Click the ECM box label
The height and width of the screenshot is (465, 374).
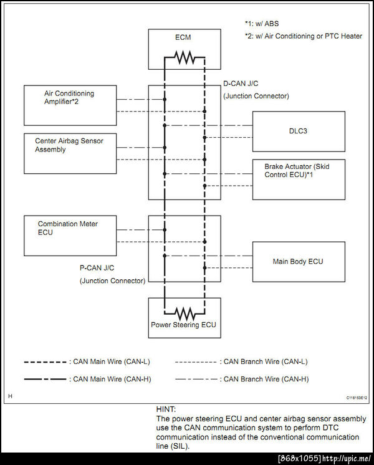(x=183, y=37)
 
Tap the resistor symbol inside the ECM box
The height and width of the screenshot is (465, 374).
(x=185, y=58)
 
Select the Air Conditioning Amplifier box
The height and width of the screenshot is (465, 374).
(x=70, y=105)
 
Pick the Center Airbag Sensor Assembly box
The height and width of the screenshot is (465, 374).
(x=70, y=153)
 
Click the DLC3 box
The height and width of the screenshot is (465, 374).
(x=298, y=131)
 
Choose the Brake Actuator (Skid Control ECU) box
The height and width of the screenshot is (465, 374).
(x=298, y=179)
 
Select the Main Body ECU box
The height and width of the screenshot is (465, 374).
(x=298, y=261)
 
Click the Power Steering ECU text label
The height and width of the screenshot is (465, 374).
(x=183, y=325)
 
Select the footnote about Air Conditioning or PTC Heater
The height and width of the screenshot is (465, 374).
(x=303, y=36)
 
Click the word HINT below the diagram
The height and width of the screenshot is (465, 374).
(x=167, y=409)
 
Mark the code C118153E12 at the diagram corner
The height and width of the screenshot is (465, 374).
(x=357, y=396)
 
